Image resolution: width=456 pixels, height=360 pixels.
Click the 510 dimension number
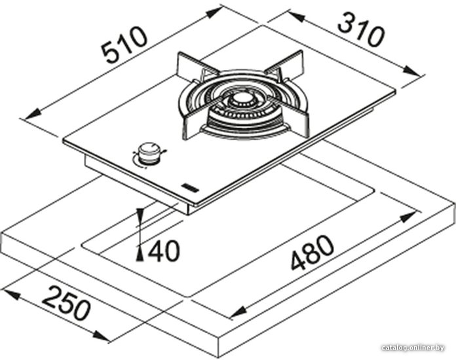tap(126, 45)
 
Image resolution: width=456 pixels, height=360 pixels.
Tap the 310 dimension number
tap(362, 29)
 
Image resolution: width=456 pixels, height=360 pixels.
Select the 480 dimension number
tap(312, 253)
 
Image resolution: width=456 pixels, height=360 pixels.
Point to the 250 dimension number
tap(66, 302)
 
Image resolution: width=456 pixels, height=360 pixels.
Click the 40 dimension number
tap(164, 251)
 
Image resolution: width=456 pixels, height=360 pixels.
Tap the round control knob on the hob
tap(149, 154)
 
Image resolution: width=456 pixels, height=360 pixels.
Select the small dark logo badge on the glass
tap(189, 188)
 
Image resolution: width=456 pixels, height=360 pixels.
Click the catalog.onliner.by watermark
tap(413, 348)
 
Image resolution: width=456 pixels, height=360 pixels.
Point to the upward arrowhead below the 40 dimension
tap(140, 253)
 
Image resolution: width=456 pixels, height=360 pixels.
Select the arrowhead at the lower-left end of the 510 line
tap(34, 114)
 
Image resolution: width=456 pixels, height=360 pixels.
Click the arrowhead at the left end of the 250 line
tap(12, 294)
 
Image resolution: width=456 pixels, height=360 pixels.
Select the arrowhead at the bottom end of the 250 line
tap(100, 336)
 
